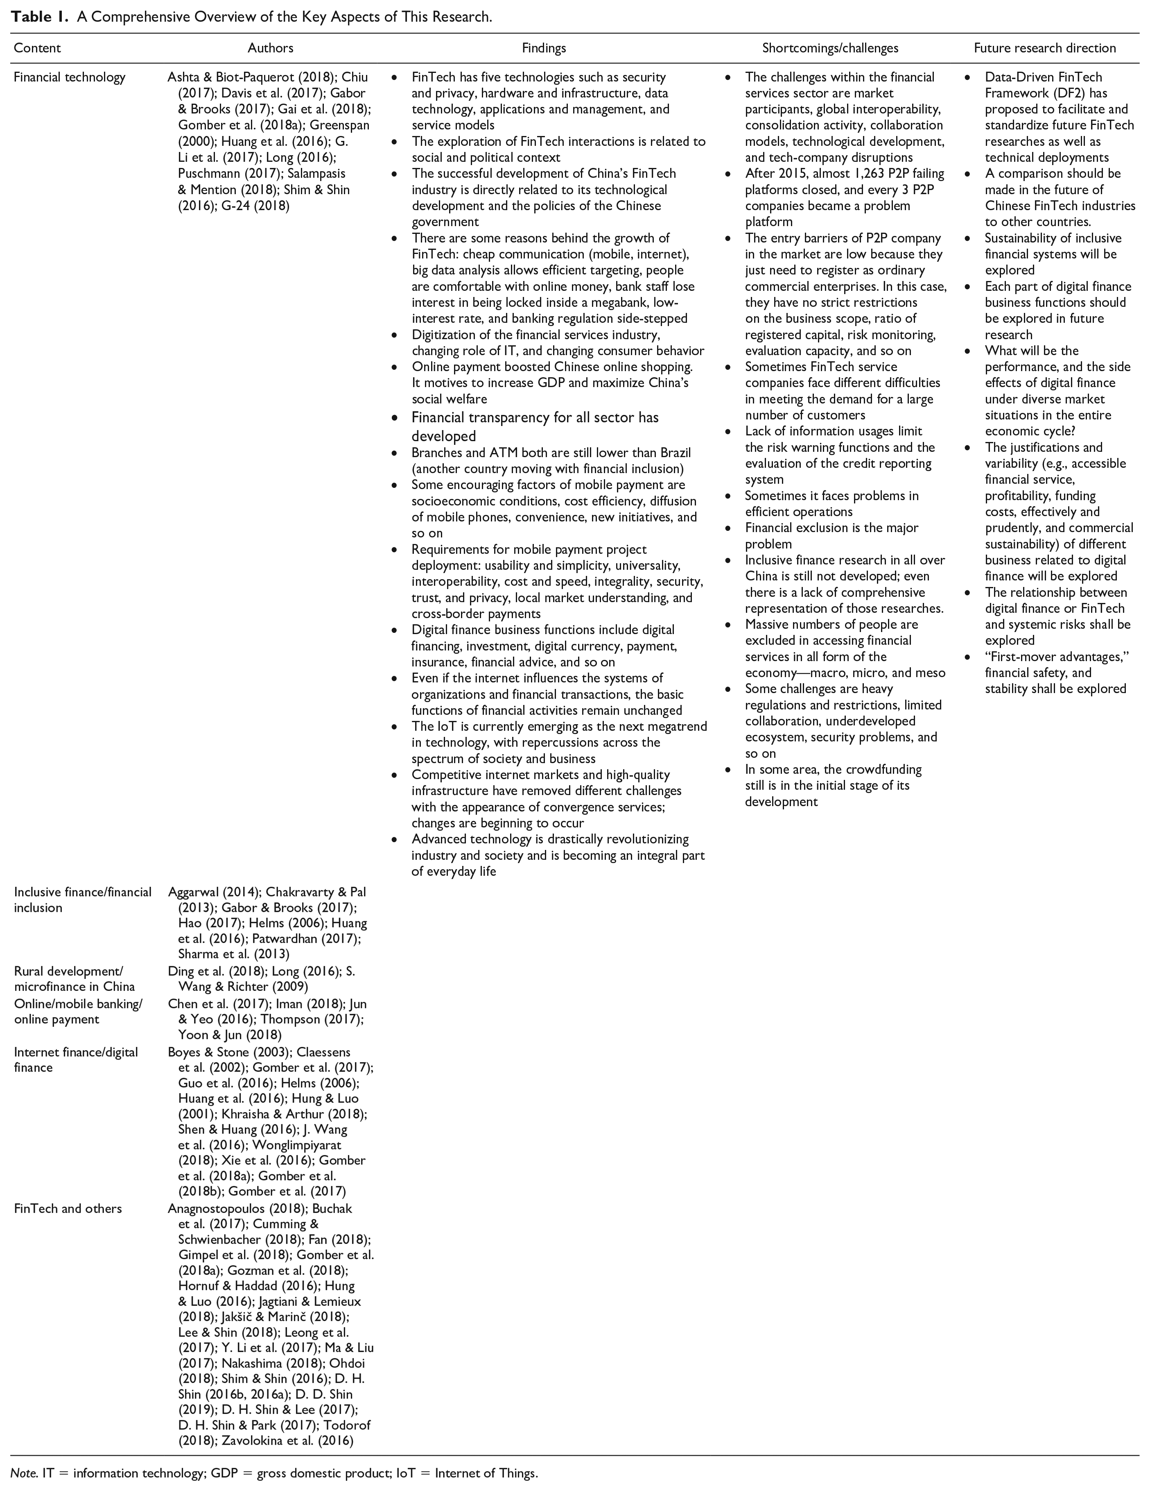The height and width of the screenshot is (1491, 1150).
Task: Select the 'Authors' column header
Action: click(270, 48)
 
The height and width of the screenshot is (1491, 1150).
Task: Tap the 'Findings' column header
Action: click(544, 48)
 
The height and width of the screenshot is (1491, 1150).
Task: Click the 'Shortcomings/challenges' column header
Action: click(830, 48)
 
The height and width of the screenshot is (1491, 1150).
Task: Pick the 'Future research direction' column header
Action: click(1045, 48)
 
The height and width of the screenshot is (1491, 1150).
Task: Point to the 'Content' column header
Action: click(37, 48)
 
